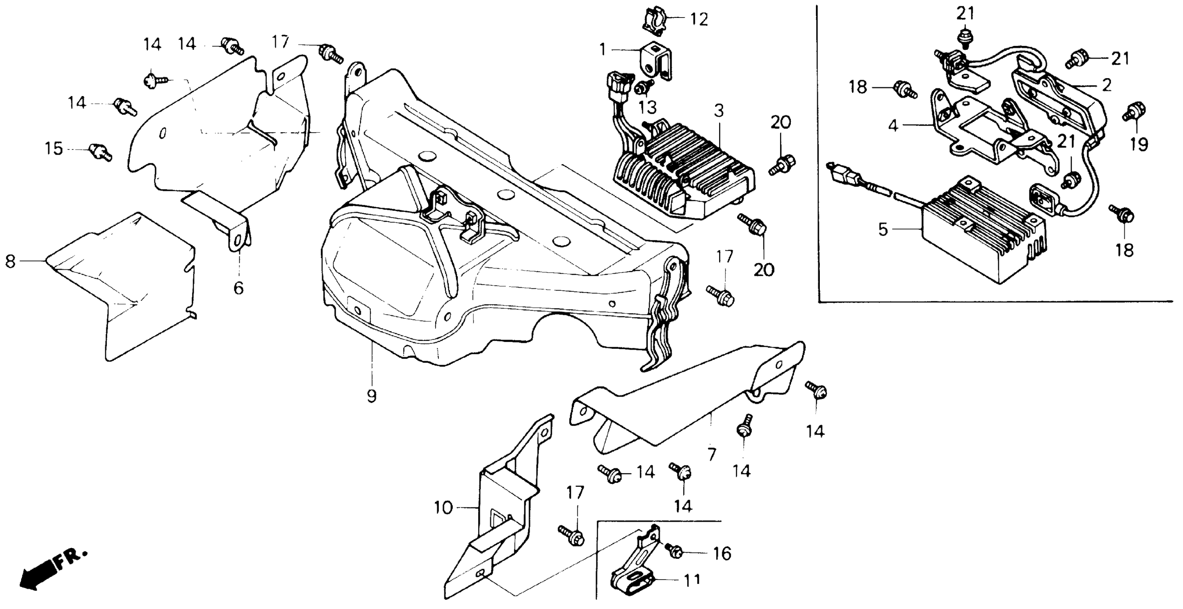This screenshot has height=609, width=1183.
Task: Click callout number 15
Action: [x=54, y=149]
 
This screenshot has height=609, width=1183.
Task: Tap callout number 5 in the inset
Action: [x=883, y=229]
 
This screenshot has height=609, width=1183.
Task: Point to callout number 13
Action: [x=647, y=107]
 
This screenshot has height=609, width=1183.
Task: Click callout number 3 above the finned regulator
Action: [x=719, y=111]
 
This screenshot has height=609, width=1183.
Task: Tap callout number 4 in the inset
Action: [x=892, y=125]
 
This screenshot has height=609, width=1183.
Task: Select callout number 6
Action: [x=238, y=288]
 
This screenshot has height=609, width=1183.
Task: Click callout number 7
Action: [x=711, y=454]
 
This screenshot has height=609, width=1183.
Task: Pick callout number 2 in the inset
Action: [x=1107, y=85]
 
